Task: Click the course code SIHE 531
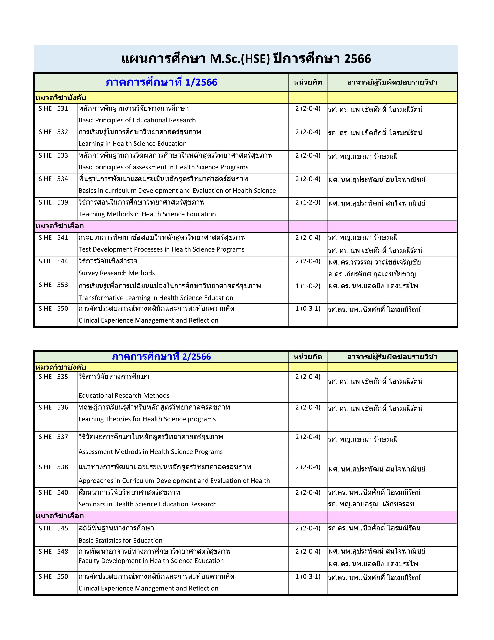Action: (53, 108)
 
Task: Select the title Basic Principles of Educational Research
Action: (137, 120)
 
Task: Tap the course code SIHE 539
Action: (53, 202)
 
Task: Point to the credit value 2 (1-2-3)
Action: (308, 202)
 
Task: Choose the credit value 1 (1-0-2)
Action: (308, 286)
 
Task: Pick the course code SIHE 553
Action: (53, 285)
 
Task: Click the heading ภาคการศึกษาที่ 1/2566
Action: (161, 82)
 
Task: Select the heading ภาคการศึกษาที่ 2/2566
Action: (161, 357)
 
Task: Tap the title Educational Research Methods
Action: (124, 396)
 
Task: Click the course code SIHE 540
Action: (53, 492)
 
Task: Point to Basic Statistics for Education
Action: (120, 540)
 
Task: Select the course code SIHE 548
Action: (53, 552)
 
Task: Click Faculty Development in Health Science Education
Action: (151, 561)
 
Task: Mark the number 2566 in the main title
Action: (357, 59)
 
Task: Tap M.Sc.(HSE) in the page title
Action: (239, 59)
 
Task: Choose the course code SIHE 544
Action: (53, 261)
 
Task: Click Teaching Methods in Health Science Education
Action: (147, 214)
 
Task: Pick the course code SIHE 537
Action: (53, 437)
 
